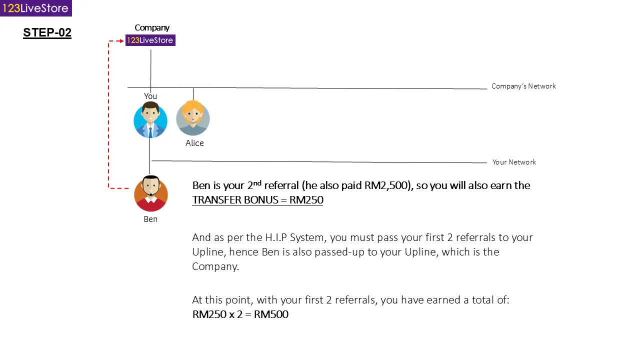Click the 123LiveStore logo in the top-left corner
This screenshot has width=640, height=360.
point(35,8)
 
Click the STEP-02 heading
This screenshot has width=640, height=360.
point(47,33)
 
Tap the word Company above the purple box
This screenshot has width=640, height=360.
point(152,27)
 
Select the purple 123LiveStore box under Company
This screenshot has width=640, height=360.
point(150,40)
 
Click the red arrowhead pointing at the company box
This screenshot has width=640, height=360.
point(122,40)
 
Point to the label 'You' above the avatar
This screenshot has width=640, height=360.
point(150,96)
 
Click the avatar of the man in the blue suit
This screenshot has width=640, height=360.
point(150,120)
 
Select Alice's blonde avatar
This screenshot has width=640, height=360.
point(193,118)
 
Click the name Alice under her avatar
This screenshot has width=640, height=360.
point(194,143)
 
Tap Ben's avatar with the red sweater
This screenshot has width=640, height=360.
point(151,194)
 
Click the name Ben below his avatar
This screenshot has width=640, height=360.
point(150,219)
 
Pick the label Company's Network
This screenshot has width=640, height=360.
point(523,86)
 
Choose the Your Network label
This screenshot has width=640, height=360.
point(514,162)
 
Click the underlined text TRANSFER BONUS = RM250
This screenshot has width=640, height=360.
point(257,200)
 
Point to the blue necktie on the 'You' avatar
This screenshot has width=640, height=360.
point(150,131)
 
